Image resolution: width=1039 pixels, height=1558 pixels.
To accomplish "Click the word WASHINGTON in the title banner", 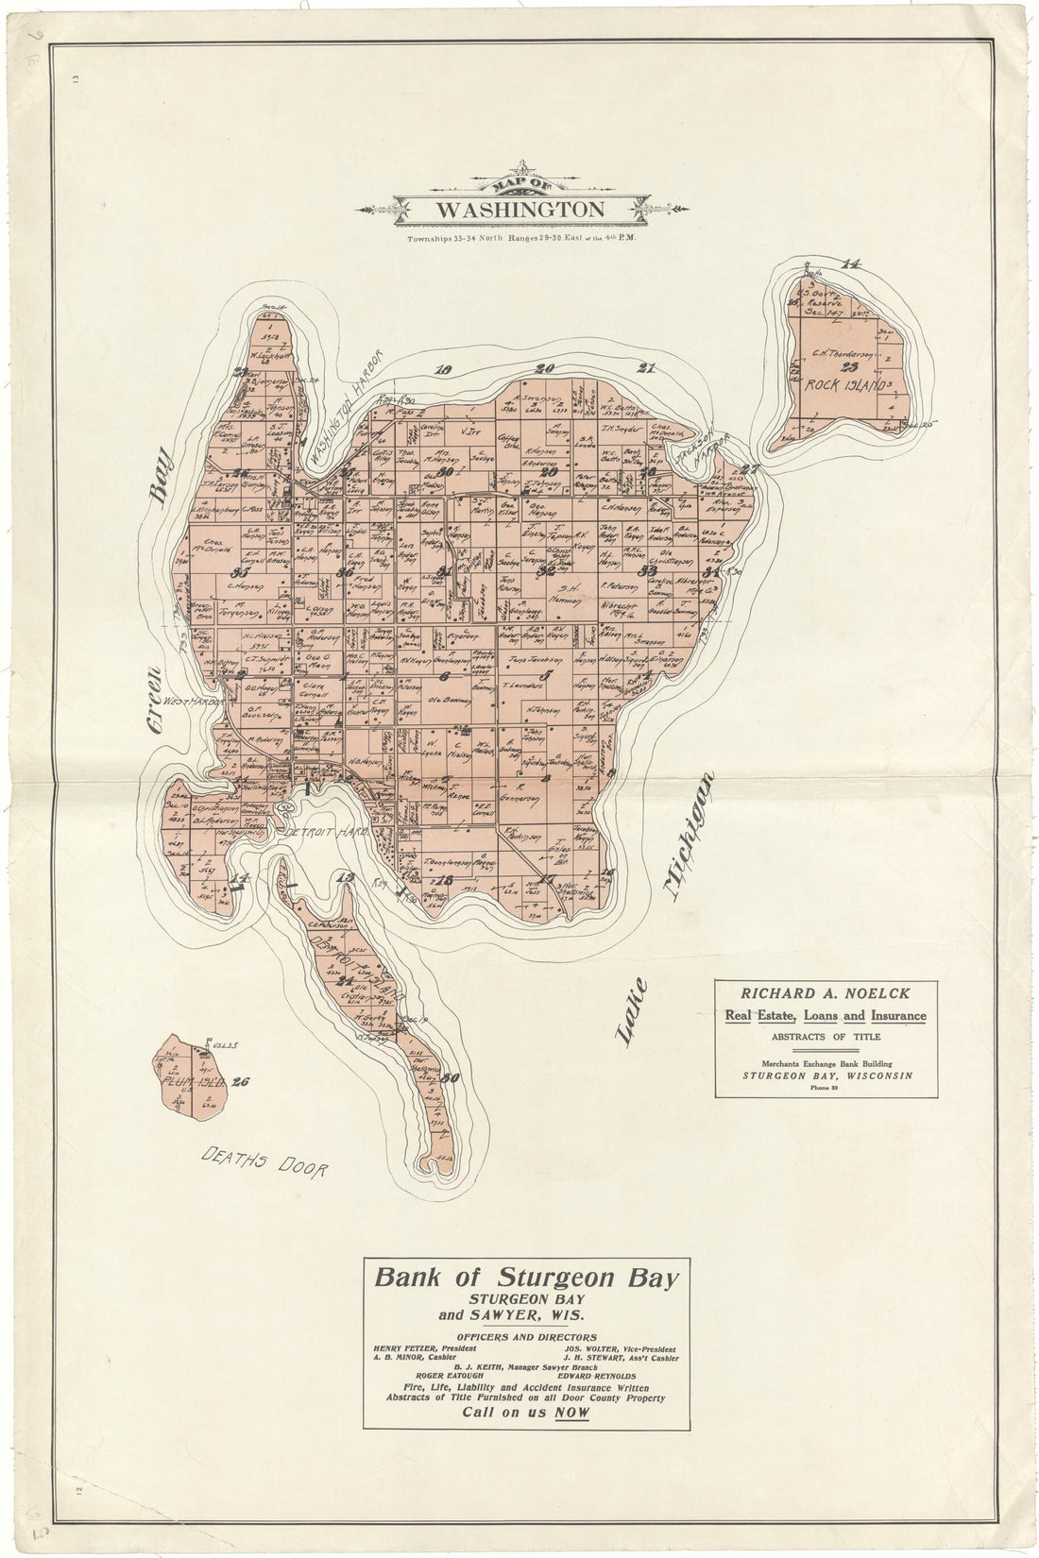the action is pyautogui.click(x=519, y=210).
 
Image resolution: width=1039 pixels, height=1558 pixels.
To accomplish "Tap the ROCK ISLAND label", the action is pyautogui.click(x=843, y=385).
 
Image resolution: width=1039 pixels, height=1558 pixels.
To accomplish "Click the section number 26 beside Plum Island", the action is pyautogui.click(x=240, y=1082).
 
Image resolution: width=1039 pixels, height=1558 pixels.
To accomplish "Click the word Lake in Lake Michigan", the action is pyautogui.click(x=633, y=1011).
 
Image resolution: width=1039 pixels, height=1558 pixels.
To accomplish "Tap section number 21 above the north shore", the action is pyautogui.click(x=646, y=368).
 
